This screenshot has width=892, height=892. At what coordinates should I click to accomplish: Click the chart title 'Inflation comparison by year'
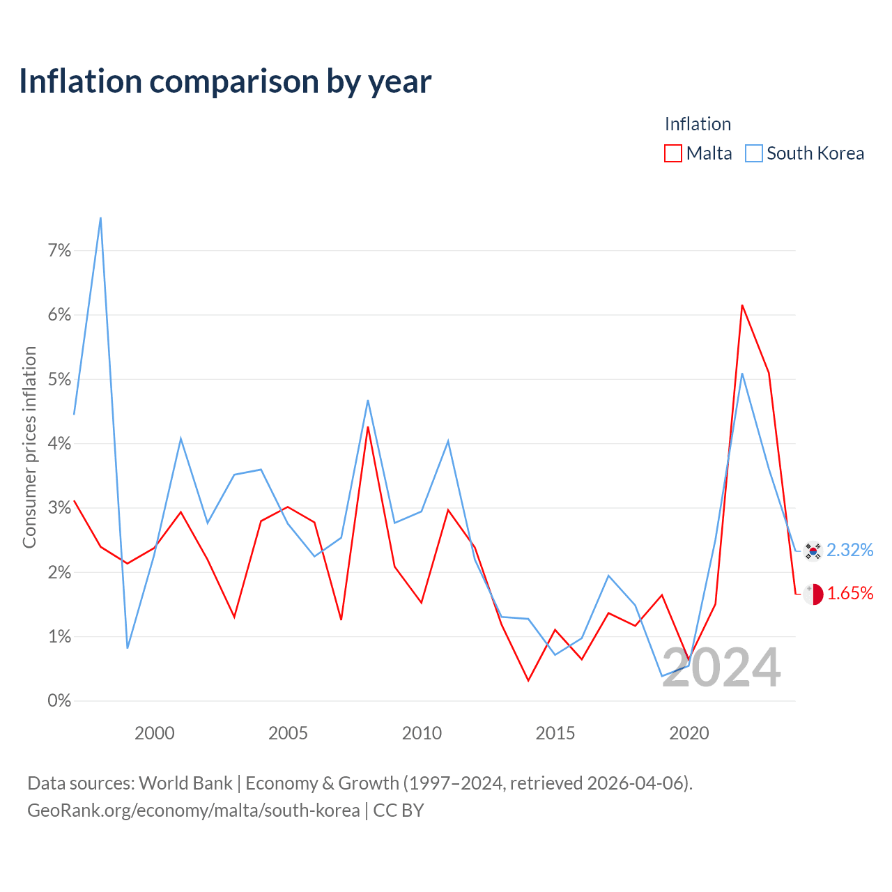coord(225,82)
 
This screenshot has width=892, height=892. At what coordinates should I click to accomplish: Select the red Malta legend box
coord(672,153)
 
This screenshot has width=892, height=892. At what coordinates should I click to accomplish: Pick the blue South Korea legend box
coord(753,153)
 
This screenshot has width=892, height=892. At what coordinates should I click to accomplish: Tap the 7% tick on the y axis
coord(59,250)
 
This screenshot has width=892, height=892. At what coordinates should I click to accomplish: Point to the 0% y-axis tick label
coord(59,700)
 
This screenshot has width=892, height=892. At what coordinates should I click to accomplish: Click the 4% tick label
coord(59,443)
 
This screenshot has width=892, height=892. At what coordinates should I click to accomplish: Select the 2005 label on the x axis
coord(288,733)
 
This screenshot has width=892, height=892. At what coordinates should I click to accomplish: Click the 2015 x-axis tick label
coord(555,733)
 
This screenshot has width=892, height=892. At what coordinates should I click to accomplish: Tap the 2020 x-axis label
coord(689,733)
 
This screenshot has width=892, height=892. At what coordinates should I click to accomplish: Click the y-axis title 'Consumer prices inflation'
coord(29,447)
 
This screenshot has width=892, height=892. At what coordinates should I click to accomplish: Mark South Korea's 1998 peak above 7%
coord(100,218)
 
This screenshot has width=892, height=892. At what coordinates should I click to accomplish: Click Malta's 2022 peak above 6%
coord(742,305)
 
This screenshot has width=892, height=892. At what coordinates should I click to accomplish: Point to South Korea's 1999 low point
coord(128,647)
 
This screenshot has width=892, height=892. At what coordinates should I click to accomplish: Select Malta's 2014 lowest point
coord(528,680)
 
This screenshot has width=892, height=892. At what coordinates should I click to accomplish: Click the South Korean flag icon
coord(813,551)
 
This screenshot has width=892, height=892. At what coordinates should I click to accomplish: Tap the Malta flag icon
coord(813,594)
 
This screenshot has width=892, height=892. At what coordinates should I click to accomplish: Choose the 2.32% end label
coord(850,550)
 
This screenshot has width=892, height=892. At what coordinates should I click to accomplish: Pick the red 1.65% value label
coord(850,593)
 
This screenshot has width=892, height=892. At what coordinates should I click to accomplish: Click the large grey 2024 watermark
coord(722,668)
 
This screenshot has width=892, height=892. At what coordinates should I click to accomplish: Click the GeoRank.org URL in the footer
coord(194,810)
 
